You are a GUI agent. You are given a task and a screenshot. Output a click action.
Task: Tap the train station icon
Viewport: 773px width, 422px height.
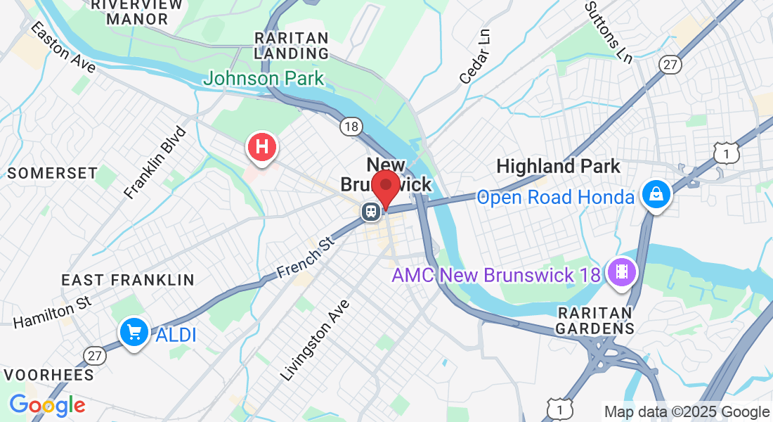click(x=370, y=211)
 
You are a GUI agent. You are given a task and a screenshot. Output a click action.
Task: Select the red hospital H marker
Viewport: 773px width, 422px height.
click(x=262, y=148)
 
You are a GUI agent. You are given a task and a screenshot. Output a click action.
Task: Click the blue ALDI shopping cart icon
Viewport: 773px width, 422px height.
click(x=133, y=332)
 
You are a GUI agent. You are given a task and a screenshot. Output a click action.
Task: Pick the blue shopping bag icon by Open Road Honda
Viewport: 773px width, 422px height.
click(x=656, y=193)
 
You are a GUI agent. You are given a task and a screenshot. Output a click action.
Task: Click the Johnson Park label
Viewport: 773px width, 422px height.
click(x=264, y=78)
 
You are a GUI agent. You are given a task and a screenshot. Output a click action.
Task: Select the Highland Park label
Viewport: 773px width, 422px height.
click(x=559, y=167)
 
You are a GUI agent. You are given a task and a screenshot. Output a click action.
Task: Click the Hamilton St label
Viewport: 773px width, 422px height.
click(x=53, y=312)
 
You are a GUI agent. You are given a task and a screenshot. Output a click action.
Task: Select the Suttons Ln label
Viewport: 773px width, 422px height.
click(x=609, y=31)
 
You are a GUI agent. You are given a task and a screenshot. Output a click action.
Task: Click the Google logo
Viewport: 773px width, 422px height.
click(x=47, y=405)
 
